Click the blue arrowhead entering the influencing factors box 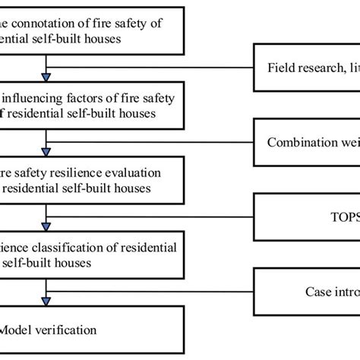[x=48, y=76]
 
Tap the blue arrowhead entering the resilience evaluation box [x=48, y=150]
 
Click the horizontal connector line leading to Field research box [x=152, y=67]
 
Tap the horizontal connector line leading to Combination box [x=152, y=141]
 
